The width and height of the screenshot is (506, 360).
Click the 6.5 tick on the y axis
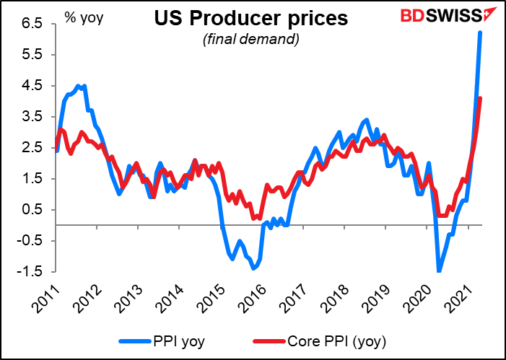34,24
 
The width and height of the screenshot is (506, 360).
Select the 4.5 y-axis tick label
34,86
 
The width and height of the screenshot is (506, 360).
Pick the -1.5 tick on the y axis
32,272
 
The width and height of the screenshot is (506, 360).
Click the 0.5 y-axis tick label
34,210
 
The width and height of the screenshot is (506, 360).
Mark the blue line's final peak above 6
480,32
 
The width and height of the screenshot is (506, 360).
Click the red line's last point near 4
481,99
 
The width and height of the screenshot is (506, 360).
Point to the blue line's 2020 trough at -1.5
438,271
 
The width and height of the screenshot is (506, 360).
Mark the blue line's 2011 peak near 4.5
84,86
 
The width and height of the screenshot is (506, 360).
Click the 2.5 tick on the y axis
34,148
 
